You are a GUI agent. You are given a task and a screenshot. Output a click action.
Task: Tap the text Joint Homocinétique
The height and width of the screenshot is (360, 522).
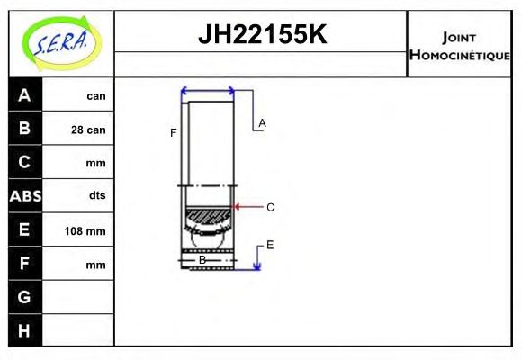point(459,45)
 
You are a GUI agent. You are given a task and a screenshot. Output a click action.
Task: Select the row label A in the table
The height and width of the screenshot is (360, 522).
point(24,95)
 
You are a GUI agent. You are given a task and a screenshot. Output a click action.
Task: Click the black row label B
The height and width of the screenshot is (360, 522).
point(24,129)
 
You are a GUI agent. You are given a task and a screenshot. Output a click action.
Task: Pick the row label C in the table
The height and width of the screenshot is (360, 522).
point(24,163)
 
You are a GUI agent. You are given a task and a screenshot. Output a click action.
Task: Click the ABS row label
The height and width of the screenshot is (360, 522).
point(24,196)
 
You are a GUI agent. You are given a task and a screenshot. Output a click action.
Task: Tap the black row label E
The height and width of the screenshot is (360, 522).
point(24,230)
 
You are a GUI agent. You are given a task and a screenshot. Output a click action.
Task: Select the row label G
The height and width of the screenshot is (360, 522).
point(24,297)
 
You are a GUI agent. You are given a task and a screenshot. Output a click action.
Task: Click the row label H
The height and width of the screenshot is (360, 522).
point(24,330)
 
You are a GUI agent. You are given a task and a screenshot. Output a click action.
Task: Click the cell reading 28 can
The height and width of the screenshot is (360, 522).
point(88,130)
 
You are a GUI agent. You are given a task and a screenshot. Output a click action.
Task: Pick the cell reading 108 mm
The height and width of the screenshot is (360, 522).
point(86,231)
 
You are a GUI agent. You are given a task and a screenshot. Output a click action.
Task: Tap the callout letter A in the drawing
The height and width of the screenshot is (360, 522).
point(262,122)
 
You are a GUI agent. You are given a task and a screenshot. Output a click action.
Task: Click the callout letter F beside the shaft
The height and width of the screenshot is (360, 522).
point(174,133)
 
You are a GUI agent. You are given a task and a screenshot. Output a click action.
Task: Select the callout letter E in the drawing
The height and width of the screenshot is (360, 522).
point(270,245)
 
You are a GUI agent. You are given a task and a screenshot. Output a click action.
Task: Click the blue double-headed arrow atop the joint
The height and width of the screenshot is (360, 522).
point(208,90)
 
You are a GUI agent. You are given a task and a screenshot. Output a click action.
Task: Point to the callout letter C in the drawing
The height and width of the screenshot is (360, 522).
point(270,207)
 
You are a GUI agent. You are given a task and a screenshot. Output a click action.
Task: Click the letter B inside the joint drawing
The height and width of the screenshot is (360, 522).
point(202,260)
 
